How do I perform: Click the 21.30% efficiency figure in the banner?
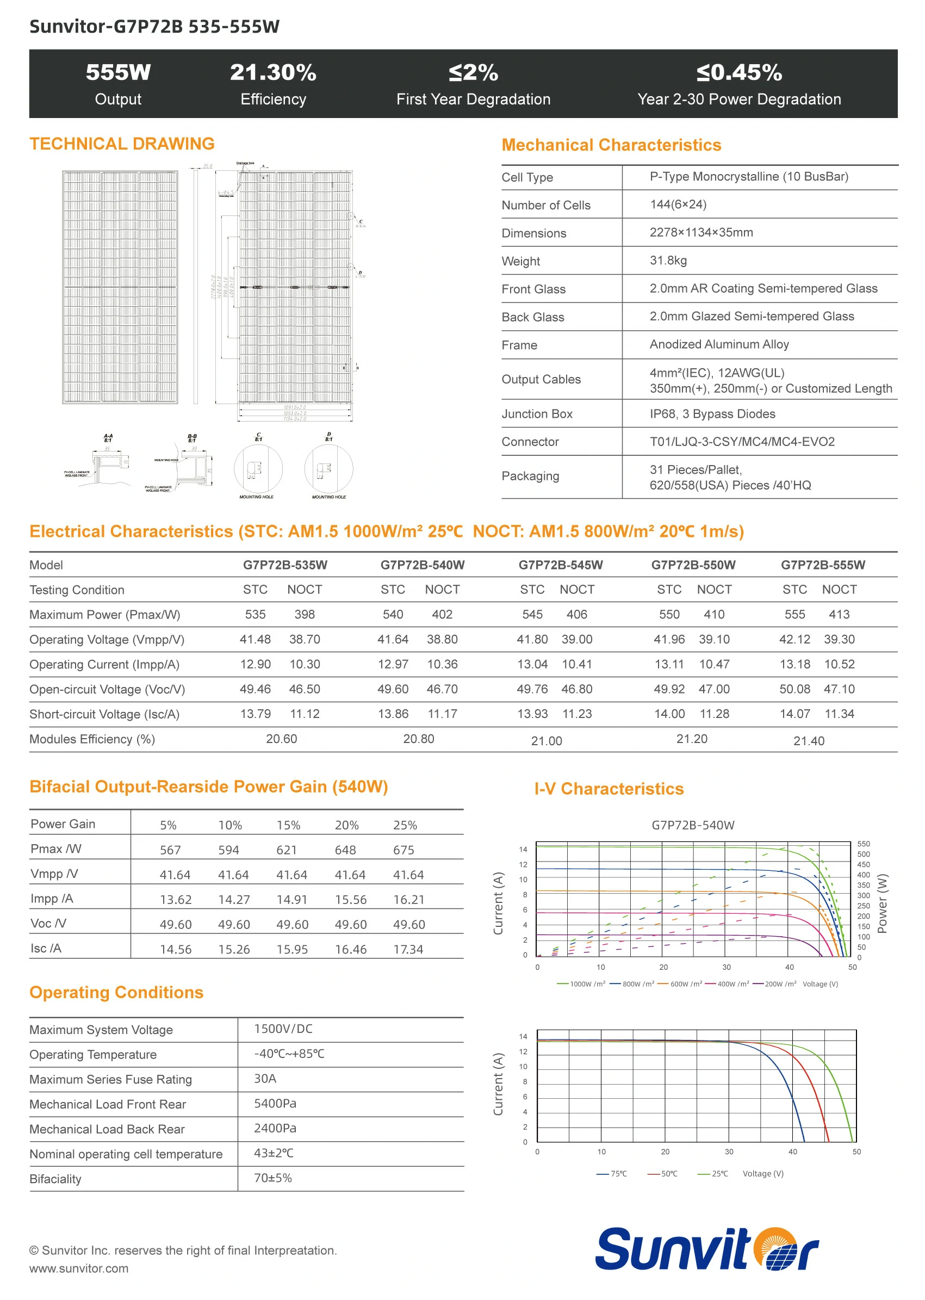click(x=273, y=73)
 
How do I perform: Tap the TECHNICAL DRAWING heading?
click(x=122, y=144)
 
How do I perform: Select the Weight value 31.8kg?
click(x=668, y=261)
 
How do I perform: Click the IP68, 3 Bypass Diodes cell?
click(x=712, y=414)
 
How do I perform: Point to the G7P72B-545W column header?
click(x=561, y=565)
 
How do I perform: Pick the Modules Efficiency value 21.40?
click(x=809, y=741)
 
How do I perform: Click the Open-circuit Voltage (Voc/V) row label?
click(x=107, y=690)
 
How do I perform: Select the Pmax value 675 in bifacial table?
click(x=403, y=851)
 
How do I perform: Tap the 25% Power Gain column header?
click(x=405, y=826)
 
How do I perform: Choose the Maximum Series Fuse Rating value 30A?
click(x=265, y=1079)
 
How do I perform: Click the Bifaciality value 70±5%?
click(x=273, y=1178)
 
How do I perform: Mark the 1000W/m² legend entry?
click(x=581, y=985)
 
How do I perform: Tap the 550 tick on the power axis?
click(x=864, y=844)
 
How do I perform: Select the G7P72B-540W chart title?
click(x=693, y=826)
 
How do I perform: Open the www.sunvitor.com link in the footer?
click(x=79, y=1268)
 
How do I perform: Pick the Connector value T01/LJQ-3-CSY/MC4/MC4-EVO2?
click(x=742, y=442)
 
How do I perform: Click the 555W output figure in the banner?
click(x=118, y=73)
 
